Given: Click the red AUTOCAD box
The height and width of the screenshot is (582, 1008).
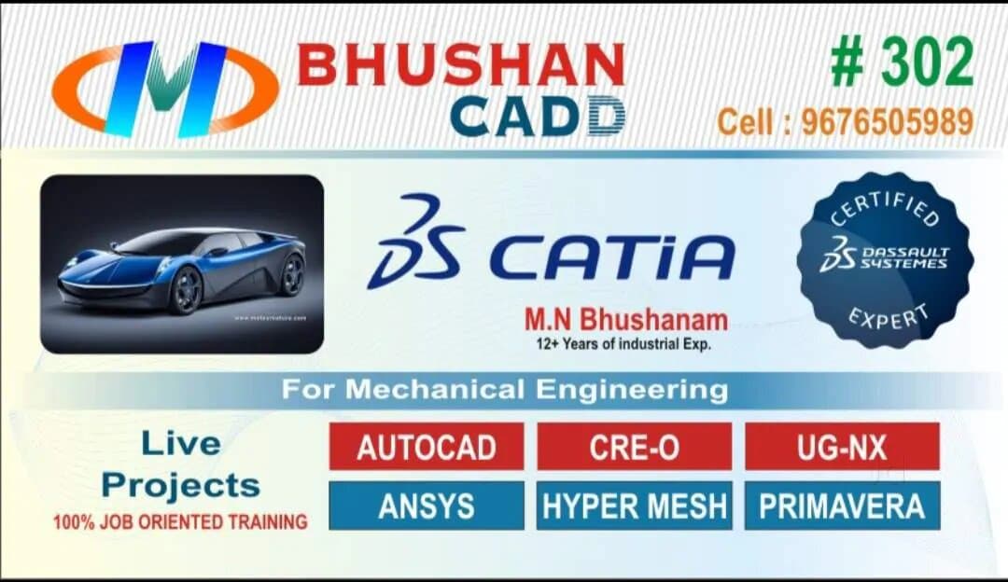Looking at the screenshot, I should (427, 447).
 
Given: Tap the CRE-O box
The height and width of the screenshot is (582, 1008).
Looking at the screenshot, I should (634, 447).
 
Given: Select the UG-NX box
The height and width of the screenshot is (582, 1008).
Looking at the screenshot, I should (842, 447).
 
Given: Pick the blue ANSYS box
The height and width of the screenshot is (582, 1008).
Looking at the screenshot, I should (427, 506).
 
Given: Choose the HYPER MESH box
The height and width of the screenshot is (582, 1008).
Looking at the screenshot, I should (634, 506).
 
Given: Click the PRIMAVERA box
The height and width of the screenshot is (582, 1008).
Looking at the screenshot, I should (842, 506).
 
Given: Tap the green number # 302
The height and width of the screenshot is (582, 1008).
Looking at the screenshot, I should (902, 64).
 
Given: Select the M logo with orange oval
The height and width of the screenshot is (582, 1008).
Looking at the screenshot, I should (165, 89).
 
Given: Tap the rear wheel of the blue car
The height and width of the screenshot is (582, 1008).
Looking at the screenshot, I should (292, 274).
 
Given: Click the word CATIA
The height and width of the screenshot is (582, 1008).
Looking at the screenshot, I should (612, 257).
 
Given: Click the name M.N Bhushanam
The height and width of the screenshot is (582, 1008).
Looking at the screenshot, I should (625, 320).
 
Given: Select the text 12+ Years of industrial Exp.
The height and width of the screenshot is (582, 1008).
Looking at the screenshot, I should (623, 343).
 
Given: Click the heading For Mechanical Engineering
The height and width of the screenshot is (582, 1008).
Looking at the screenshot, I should (505, 389).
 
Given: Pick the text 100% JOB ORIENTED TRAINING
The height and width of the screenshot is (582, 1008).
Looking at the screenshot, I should (180, 522).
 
